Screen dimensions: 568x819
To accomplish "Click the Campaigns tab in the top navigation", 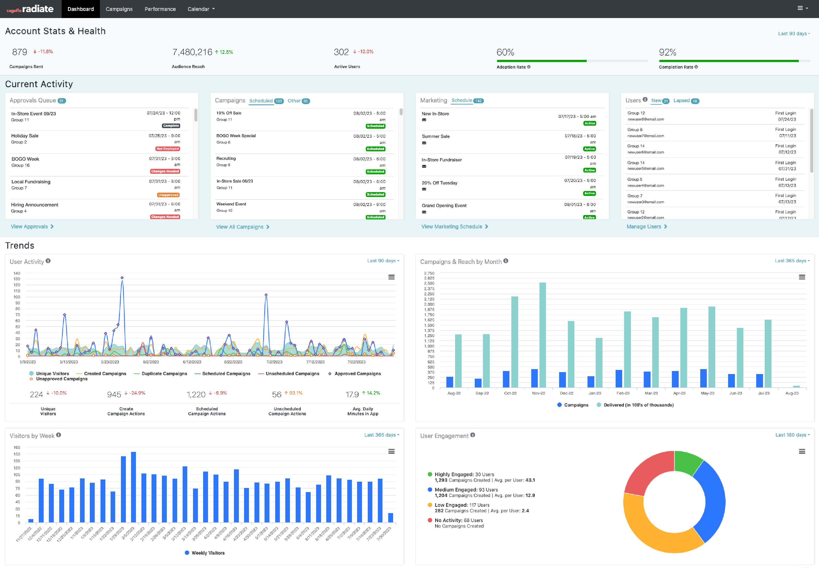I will click(119, 9).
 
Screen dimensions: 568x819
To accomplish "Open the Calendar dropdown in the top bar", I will click(201, 9).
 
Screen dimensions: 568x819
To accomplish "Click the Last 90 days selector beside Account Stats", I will click(794, 33).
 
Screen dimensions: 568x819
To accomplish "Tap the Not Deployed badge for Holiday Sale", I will click(168, 149).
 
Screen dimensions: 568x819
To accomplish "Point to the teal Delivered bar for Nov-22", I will click(542, 334).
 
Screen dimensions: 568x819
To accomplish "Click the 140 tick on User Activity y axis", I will click(17, 273).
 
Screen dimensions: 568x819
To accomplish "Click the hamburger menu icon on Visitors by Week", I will click(391, 452).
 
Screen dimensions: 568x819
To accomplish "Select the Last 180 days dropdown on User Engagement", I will click(792, 435).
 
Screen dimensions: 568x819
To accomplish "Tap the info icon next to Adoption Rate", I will click(529, 67).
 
